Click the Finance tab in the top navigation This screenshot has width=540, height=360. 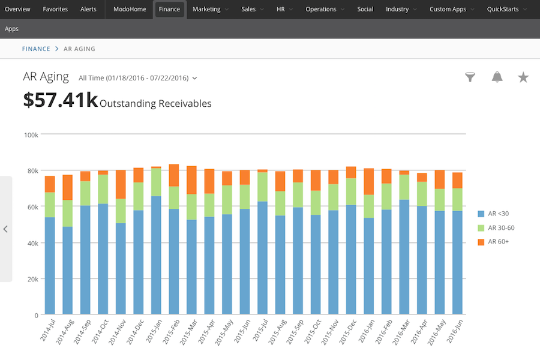169,10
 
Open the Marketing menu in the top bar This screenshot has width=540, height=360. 210,10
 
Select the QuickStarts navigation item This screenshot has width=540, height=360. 506,10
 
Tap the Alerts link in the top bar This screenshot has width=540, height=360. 88,10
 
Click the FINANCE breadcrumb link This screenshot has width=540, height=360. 36,49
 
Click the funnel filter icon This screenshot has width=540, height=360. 470,77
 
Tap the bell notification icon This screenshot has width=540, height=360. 497,77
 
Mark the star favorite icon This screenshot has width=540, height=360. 523,77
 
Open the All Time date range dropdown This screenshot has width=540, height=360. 138,78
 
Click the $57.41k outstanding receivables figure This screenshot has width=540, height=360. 60,100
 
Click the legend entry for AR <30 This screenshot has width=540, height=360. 493,214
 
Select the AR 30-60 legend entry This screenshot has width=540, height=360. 496,228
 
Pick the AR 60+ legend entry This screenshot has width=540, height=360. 493,242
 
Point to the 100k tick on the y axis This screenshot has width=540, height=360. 31,135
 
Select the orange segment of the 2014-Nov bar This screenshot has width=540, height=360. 121,184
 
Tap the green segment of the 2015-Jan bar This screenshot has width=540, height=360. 156,182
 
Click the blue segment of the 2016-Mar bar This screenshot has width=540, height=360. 404,257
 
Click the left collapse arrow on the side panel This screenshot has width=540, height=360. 5,229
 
